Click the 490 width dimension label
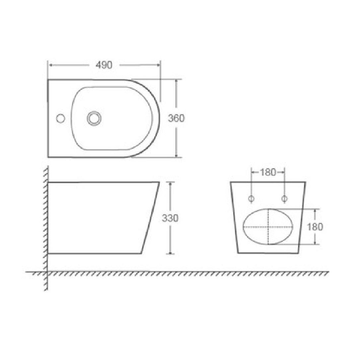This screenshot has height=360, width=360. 104,65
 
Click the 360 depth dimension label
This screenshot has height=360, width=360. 176,118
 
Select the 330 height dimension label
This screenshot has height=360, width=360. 170,218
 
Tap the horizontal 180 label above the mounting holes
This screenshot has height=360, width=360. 268,172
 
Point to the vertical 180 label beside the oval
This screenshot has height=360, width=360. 315,226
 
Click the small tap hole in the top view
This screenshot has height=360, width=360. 60,118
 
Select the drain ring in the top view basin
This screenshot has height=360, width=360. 94,118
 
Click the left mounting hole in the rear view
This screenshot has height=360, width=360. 252,198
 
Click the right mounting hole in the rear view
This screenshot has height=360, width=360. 284,198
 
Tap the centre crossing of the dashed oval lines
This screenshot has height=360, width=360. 268,227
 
